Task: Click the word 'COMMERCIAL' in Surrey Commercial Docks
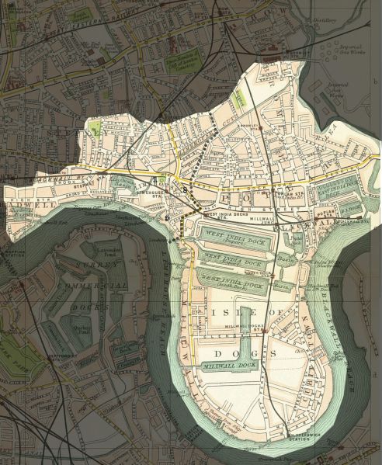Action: click(x=99, y=285)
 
